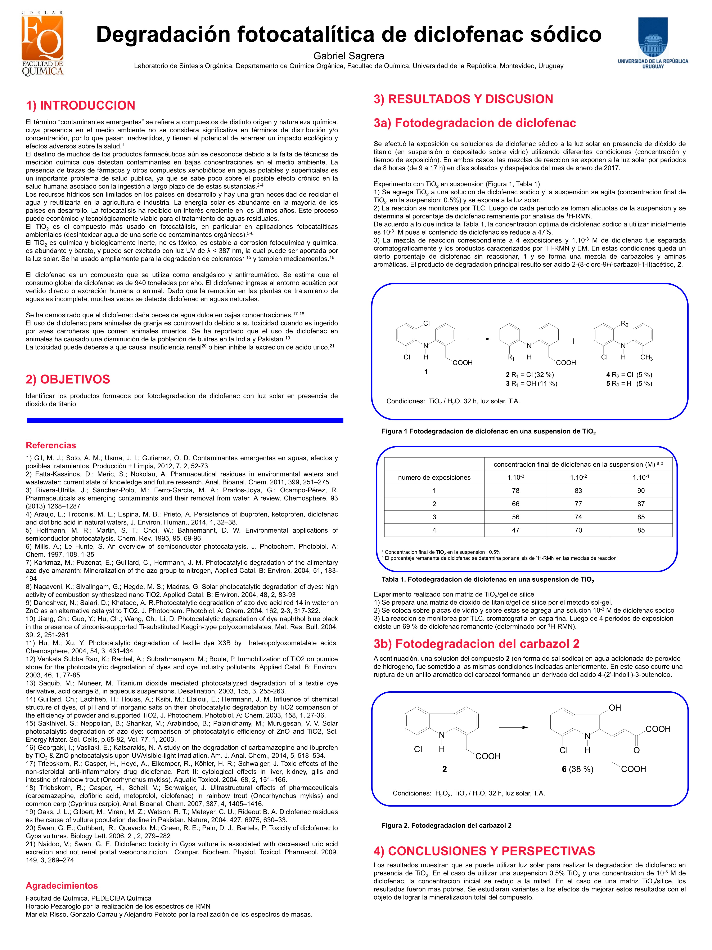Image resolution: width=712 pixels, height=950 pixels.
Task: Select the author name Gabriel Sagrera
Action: pyautogui.click(x=348, y=56)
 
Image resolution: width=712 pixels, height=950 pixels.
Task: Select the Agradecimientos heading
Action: pyautogui.click(x=62, y=885)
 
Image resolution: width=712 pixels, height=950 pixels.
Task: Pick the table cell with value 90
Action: pyautogui.click(x=641, y=490)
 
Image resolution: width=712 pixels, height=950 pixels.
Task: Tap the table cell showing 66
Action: pyautogui.click(x=515, y=504)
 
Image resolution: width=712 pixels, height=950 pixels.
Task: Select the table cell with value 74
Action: pyautogui.click(x=578, y=517)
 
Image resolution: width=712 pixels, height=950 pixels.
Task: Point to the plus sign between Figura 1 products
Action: pyautogui.click(x=573, y=341)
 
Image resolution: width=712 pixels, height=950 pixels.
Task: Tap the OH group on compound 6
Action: pyautogui.click(x=615, y=708)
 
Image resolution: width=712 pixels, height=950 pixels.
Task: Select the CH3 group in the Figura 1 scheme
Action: pyautogui.click(x=646, y=358)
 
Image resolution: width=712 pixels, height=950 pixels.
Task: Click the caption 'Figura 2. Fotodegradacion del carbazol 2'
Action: pyautogui.click(x=446, y=825)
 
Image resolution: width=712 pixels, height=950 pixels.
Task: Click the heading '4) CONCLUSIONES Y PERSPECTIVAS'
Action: pyautogui.click(x=484, y=851)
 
